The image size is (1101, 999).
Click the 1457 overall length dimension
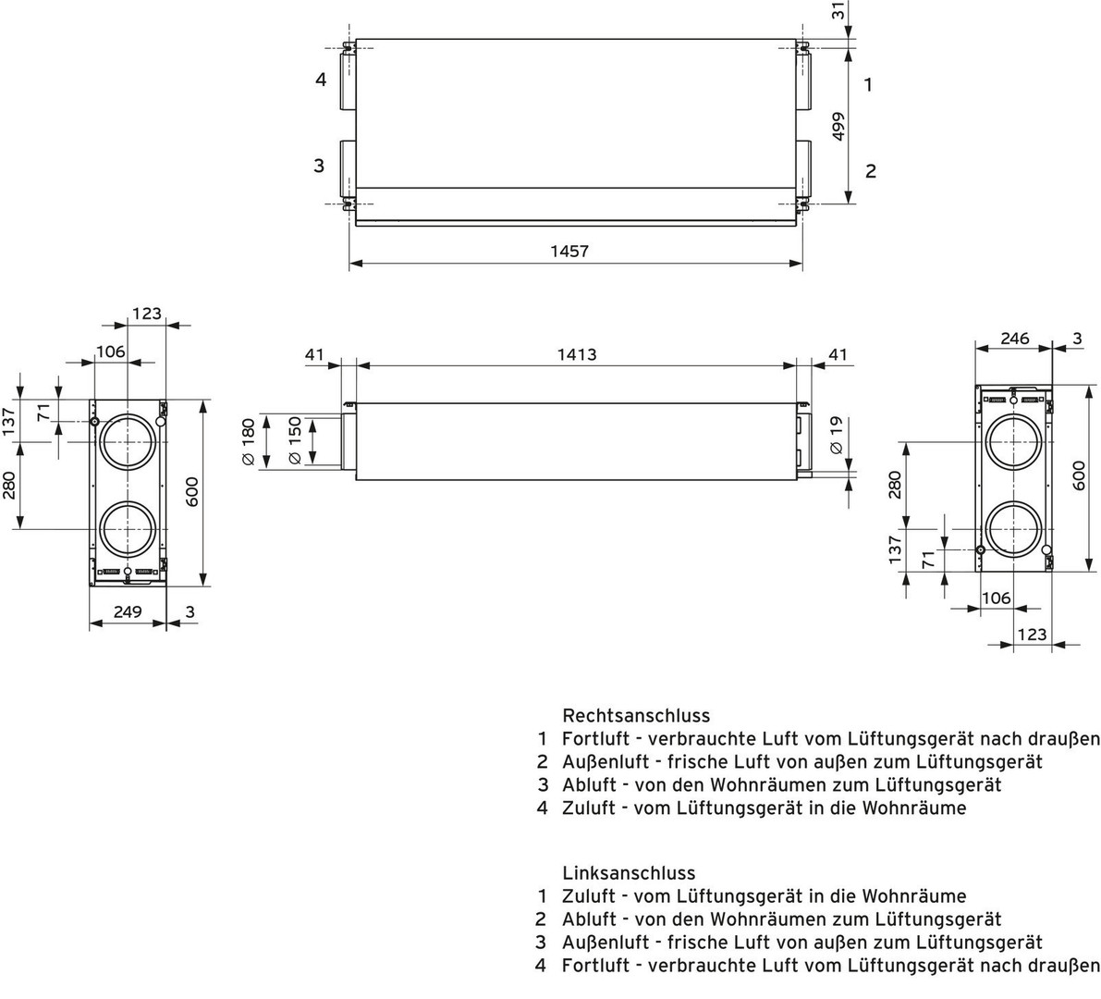pos(569,251)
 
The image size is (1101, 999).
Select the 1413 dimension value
pos(577,354)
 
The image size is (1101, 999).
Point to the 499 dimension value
pos(839,127)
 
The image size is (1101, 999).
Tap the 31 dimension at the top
pos(838,11)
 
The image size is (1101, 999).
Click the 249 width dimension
pos(127,611)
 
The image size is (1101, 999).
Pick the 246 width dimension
pos(1015,339)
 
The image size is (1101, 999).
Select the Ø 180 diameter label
pos(247,441)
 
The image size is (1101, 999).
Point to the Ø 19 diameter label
pos(837,434)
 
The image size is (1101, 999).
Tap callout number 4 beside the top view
pos(321,80)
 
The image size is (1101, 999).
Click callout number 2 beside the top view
pos(870,171)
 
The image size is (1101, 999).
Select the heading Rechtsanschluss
pos(636,715)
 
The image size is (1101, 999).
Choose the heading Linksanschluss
pos(629,872)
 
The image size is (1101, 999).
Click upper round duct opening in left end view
pos(128,439)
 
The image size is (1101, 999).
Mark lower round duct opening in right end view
pos(1014,530)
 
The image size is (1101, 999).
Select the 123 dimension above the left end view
pos(146,314)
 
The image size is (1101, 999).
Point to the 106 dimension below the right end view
pos(996,598)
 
